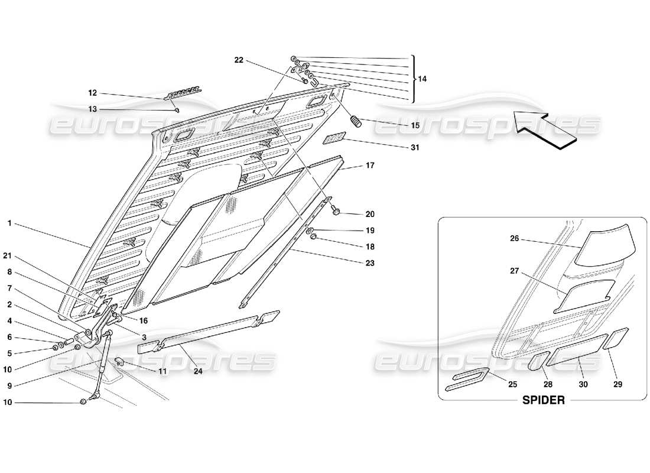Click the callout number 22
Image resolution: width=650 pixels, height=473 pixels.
click(x=238, y=60)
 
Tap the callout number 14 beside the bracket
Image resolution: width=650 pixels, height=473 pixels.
click(x=422, y=79)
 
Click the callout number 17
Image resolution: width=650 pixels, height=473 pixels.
click(x=370, y=166)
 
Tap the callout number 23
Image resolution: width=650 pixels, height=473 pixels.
click(x=370, y=263)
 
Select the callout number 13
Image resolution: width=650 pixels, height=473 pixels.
click(x=92, y=109)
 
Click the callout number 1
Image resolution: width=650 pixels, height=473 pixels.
click(x=10, y=223)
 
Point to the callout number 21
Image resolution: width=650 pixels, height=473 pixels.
click(x=8, y=255)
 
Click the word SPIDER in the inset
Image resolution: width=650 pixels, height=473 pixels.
click(x=543, y=400)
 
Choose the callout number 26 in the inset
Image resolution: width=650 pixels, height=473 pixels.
click(x=514, y=239)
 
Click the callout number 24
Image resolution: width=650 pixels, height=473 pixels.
click(x=197, y=372)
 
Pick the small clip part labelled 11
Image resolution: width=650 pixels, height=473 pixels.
click(x=119, y=361)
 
